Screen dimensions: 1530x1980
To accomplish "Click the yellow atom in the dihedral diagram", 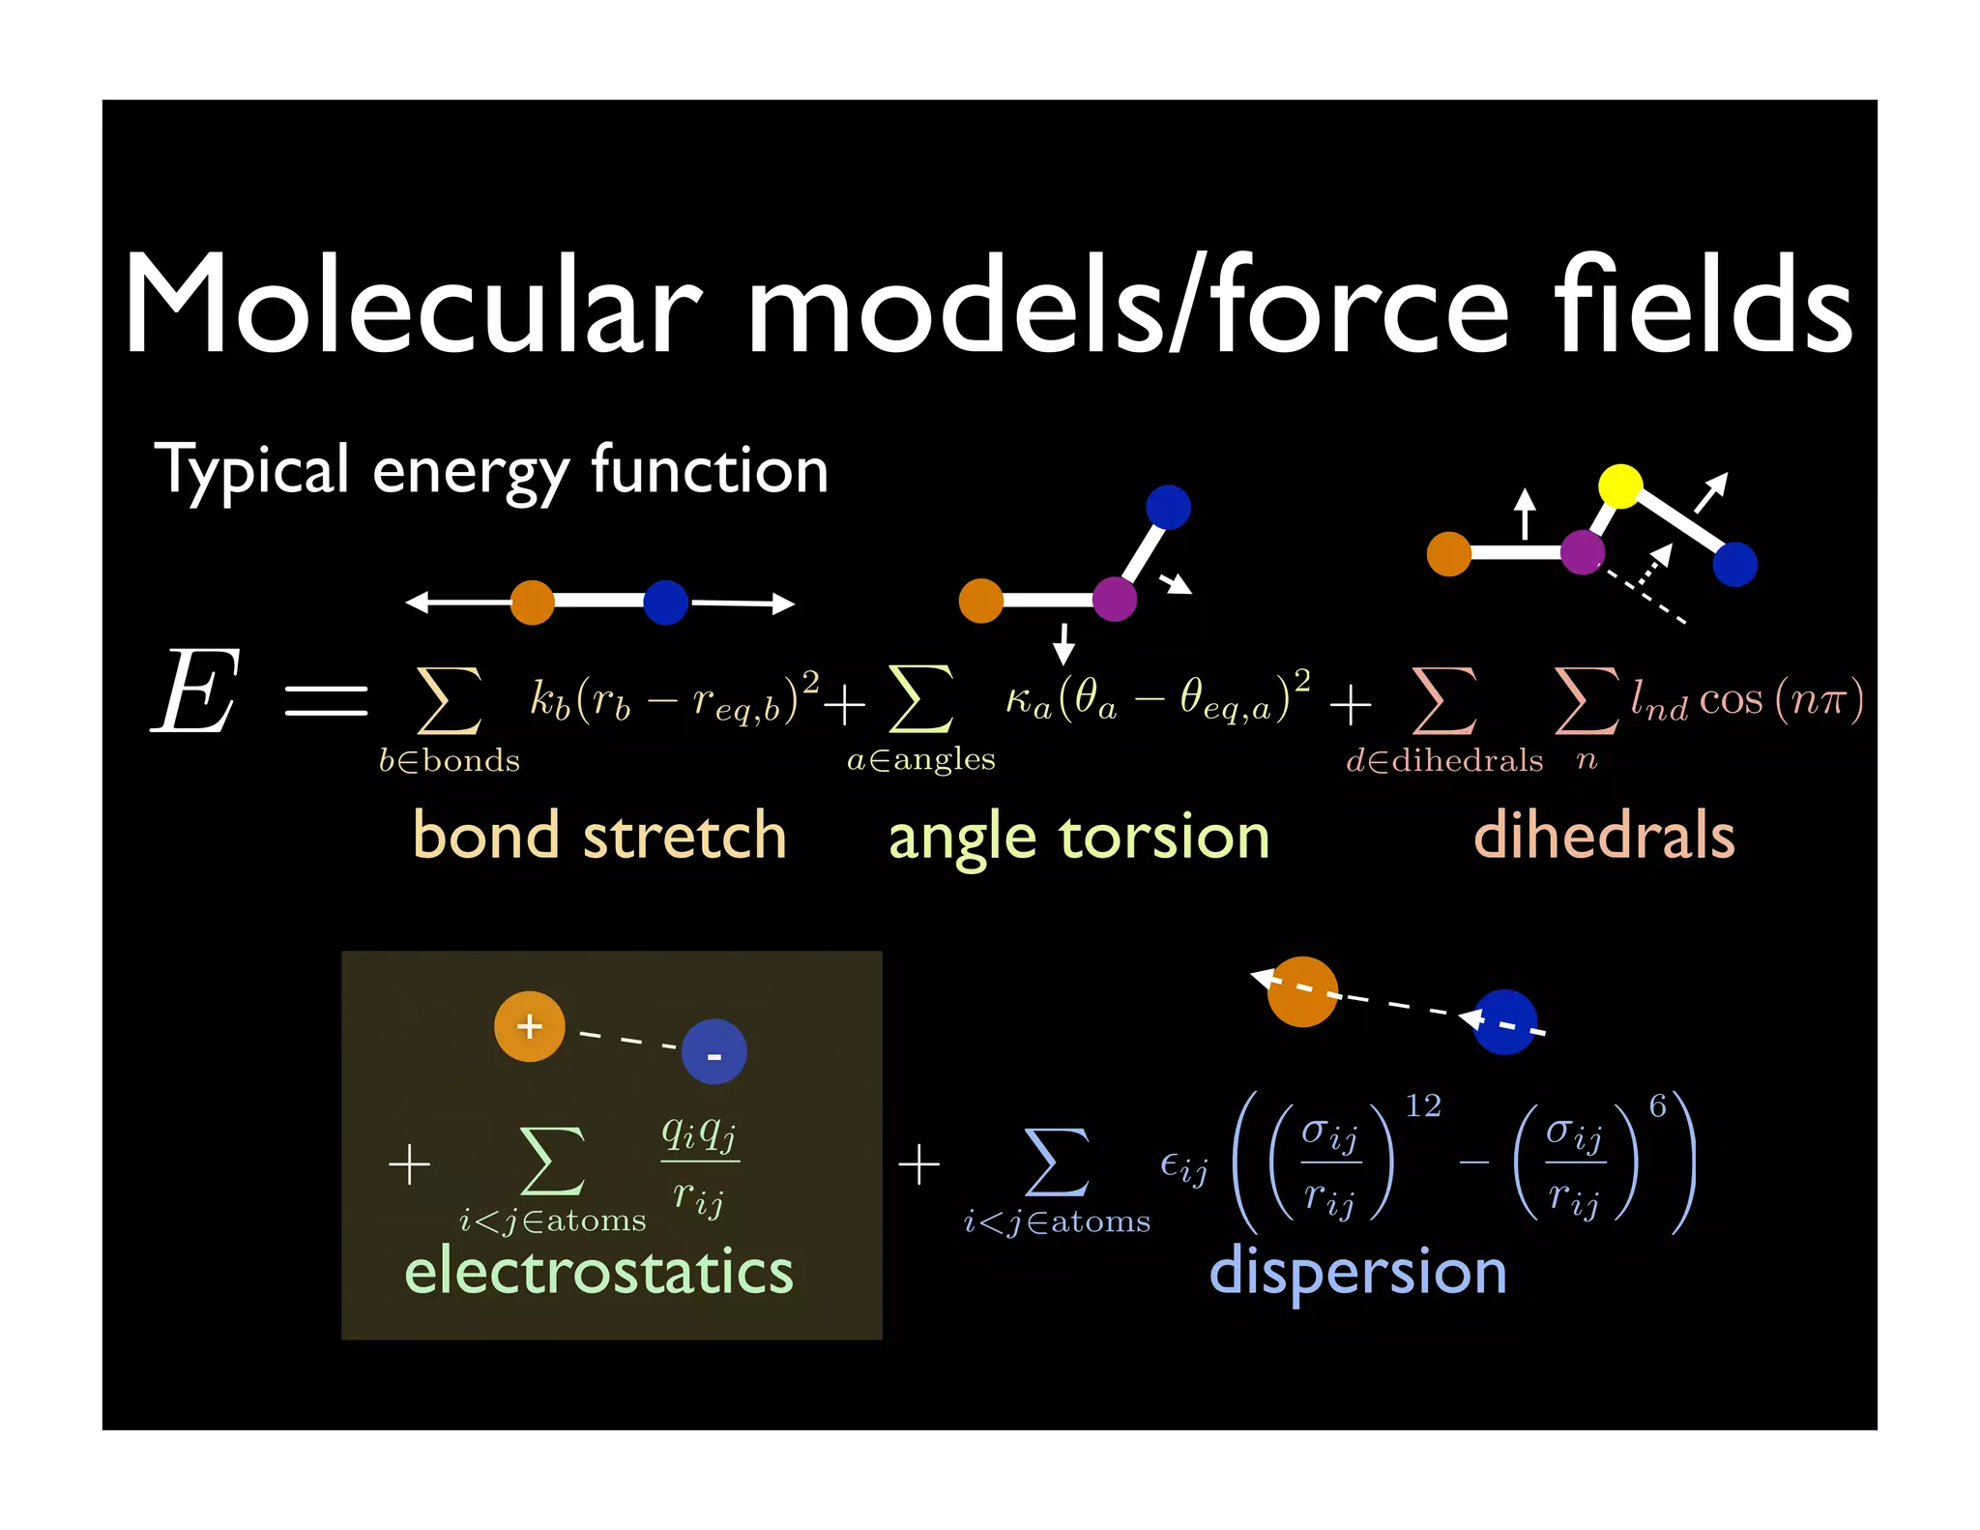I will click(1620, 485).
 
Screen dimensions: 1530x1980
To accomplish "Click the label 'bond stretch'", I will click(599, 836).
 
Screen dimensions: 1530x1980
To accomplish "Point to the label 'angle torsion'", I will click(1078, 838).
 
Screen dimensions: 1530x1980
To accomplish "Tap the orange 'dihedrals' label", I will click(1604, 836).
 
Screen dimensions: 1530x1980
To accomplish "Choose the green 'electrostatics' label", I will click(598, 1271).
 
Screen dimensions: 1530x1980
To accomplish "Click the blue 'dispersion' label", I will click(1357, 1273).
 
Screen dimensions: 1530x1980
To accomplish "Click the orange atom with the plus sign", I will click(529, 1026).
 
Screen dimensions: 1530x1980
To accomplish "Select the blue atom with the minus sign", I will click(713, 1052).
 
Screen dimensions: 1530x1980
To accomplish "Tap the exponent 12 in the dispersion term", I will click(1422, 1105).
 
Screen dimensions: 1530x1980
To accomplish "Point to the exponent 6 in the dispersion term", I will click(1657, 1105).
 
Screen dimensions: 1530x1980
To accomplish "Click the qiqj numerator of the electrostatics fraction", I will click(699, 1133).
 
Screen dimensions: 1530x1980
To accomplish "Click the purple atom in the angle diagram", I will click(1114, 599).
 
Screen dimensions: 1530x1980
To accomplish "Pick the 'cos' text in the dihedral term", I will click(1731, 699).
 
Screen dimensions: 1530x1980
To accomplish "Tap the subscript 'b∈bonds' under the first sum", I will click(449, 761).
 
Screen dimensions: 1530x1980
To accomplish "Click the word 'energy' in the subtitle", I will click(470, 471).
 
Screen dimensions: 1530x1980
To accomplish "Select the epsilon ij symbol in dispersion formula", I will click(1184, 1167).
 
